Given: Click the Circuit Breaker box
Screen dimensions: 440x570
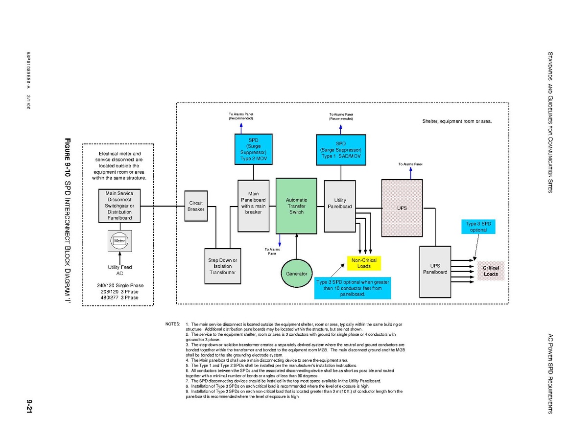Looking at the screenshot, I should point(196,206).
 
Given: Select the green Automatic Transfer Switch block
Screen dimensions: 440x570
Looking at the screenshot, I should point(296,206).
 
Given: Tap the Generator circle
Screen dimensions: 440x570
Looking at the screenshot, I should point(296,274).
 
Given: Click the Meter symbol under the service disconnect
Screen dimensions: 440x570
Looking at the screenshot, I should point(119,241).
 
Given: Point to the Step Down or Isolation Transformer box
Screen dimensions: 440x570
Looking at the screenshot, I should point(223,266).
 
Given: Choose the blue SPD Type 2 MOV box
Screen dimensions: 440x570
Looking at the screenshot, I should point(253,149).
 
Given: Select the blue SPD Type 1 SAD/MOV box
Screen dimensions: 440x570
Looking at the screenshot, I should point(341,149).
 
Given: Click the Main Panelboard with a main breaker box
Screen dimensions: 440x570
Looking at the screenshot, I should point(253,206).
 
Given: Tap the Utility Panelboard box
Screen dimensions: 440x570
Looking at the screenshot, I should point(340,206).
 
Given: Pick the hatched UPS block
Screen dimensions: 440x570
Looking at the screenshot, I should point(402,208).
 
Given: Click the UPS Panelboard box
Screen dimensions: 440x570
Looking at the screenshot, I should point(435,272).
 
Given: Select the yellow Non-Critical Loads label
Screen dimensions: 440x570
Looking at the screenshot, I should point(364,263).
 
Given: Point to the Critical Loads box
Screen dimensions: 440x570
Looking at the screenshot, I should point(491,271).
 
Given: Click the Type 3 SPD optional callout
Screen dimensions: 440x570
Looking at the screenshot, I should point(478,227).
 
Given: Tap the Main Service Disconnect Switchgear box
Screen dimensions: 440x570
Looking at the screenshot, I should point(119,206).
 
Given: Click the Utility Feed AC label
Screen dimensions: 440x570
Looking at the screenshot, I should point(119,270).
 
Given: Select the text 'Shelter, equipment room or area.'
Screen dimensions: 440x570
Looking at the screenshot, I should point(456,121).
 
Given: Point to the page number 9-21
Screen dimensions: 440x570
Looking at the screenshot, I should point(30,406).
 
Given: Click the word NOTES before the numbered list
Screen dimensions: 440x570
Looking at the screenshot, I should point(173,324).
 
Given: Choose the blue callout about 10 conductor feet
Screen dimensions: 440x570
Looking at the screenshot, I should point(353,288).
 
